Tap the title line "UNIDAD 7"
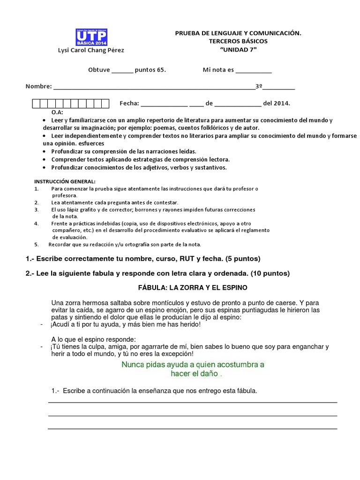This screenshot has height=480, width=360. [238, 50]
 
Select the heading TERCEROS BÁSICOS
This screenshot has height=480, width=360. [238, 41]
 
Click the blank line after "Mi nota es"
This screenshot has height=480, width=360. [253, 70]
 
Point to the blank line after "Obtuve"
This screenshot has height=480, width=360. [122, 70]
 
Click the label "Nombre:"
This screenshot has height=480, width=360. [38, 87]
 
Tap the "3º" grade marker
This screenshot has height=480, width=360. [258, 87]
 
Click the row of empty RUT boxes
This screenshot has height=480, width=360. [70, 103]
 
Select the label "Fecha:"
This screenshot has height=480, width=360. [129, 103]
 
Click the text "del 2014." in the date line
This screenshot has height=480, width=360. [277, 103]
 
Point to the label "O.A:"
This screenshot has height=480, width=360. [57, 113]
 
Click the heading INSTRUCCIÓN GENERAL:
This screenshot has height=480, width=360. [65, 181]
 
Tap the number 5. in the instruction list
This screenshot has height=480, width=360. [37, 244]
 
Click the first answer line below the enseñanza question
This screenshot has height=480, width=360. [192, 402]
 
